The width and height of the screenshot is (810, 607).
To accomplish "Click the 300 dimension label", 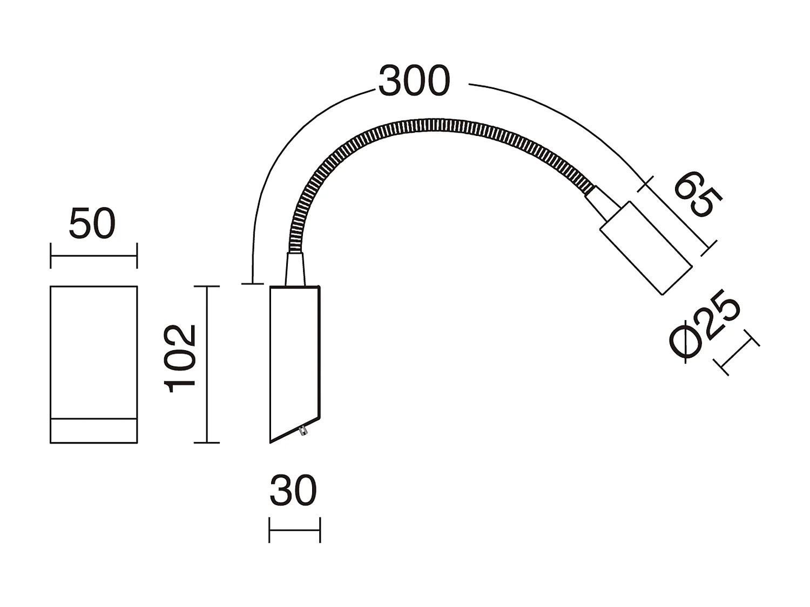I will (x=414, y=81).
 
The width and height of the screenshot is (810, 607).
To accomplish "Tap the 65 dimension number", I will (x=698, y=195).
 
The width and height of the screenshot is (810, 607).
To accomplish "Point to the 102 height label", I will (x=180, y=358).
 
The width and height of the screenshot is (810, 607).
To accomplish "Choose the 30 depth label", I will (x=293, y=491).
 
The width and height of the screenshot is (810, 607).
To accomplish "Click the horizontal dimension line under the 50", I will (x=93, y=256).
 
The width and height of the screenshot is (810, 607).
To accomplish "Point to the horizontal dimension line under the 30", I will (x=294, y=530).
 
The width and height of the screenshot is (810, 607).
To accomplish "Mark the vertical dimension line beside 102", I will (x=206, y=364).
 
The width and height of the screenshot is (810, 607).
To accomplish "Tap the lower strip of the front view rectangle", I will (x=93, y=431).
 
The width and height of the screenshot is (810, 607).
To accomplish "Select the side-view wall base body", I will (x=295, y=356).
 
